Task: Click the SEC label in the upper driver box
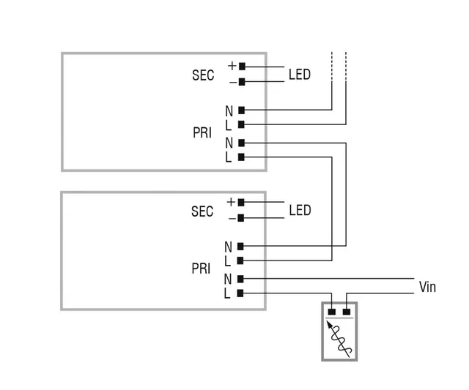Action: [203, 75]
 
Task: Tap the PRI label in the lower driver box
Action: [201, 269]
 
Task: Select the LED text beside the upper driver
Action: [299, 75]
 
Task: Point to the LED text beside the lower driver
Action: [300, 211]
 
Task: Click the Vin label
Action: [427, 287]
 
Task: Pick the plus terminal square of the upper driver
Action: [242, 67]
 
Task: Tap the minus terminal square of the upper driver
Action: [242, 82]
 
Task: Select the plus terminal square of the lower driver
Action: [241, 202]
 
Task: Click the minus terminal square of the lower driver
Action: [241, 217]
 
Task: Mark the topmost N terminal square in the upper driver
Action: [241, 110]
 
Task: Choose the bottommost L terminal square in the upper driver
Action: [241, 157]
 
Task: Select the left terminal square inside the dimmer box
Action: [331, 312]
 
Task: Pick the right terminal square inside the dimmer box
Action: [347, 312]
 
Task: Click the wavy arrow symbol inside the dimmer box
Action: [339, 338]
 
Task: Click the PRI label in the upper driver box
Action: [202, 134]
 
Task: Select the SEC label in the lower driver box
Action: [202, 211]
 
